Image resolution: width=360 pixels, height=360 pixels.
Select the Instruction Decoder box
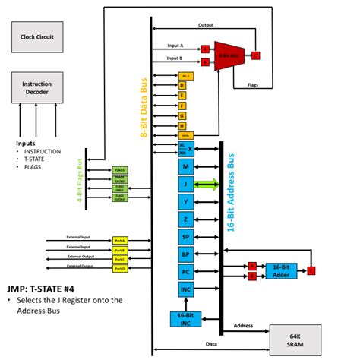pyautogui.click(x=37, y=87)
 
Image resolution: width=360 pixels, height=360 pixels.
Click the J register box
pyautogui.click(x=186, y=184)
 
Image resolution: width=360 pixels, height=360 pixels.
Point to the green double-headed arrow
pyautogui.click(x=207, y=184)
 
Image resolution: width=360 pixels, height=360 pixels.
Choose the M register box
pyautogui.click(x=186, y=166)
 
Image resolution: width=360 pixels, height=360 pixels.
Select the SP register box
pyautogui.click(x=186, y=236)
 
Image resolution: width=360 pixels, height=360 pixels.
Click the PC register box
pyautogui.click(x=186, y=272)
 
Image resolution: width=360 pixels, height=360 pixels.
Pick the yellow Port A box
pyautogui.click(x=121, y=240)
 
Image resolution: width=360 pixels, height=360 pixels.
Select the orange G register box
pyautogui.click(x=182, y=115)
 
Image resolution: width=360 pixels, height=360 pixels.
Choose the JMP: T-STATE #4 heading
pyautogui.click(x=48, y=288)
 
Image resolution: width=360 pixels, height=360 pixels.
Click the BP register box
pyautogui.click(x=186, y=254)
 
